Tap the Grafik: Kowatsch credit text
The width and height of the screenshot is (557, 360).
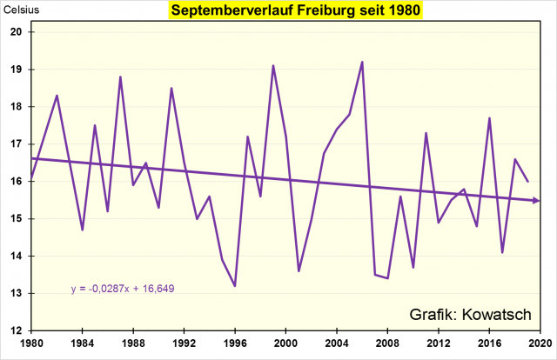coord(469,313)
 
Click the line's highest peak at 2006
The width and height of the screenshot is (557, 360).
coord(362,62)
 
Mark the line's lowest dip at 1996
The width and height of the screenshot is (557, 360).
coord(235,285)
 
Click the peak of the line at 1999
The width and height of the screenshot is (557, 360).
coord(273,65)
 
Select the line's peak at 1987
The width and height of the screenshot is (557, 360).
coord(120,77)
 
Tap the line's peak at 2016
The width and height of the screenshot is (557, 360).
coord(490,117)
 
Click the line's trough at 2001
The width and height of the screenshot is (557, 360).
coord(299,270)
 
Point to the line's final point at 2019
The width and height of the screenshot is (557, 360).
coord(528,181)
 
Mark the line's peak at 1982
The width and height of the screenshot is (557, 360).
coord(57,96)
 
